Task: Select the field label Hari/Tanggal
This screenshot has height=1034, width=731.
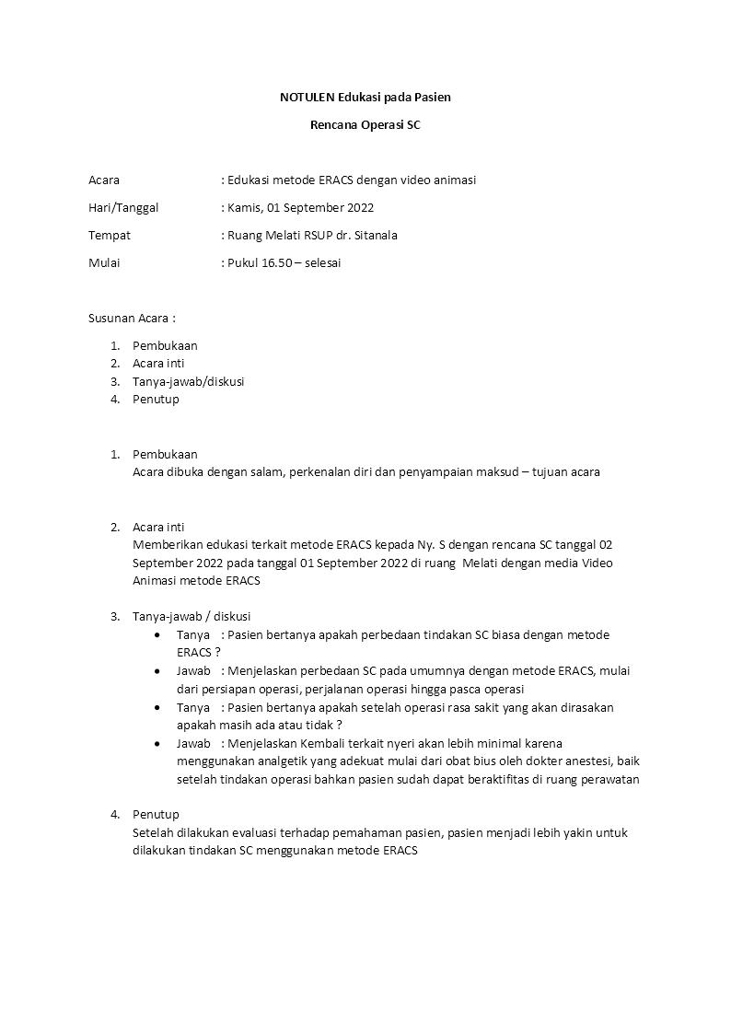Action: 123,207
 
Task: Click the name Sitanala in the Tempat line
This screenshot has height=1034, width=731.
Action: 376,235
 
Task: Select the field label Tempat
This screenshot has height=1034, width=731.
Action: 110,235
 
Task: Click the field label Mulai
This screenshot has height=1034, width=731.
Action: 104,262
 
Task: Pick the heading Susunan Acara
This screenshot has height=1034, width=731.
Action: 129,318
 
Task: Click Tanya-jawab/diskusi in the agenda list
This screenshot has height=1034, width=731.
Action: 188,381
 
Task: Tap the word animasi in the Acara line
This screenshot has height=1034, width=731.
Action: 452,180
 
